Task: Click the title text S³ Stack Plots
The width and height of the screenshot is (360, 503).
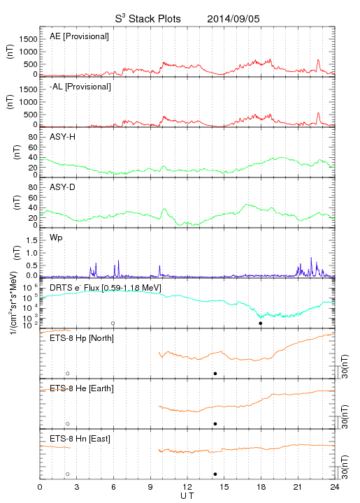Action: tap(148, 19)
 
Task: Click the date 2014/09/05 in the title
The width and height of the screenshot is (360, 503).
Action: tap(233, 19)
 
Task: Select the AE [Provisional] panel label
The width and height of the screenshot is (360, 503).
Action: tap(79, 36)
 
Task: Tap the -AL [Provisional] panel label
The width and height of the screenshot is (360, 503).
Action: tap(80, 87)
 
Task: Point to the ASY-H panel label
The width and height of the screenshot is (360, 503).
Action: tap(62, 137)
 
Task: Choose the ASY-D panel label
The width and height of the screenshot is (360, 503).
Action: tap(62, 187)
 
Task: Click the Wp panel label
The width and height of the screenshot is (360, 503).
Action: tap(56, 238)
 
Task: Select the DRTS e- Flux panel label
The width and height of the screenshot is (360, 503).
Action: tap(106, 288)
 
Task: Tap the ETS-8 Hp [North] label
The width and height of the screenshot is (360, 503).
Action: tap(82, 338)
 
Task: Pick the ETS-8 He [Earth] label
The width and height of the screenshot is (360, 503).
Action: tap(82, 388)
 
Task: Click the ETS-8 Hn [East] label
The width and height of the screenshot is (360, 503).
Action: tap(80, 439)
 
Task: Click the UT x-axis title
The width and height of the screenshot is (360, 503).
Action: tap(187, 495)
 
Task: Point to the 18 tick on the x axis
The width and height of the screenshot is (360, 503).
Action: tap(261, 487)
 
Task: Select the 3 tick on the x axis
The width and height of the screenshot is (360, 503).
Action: tap(77, 487)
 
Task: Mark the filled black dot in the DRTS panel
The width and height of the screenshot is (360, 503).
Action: tap(261, 323)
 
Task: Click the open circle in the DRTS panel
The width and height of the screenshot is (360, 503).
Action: tap(113, 323)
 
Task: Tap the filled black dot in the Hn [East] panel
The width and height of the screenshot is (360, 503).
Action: tap(215, 474)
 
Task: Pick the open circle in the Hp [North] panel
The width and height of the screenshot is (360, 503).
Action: tap(68, 374)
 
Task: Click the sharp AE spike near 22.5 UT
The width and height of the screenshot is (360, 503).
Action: tap(318, 60)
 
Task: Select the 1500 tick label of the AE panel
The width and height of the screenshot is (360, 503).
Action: tap(28, 39)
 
